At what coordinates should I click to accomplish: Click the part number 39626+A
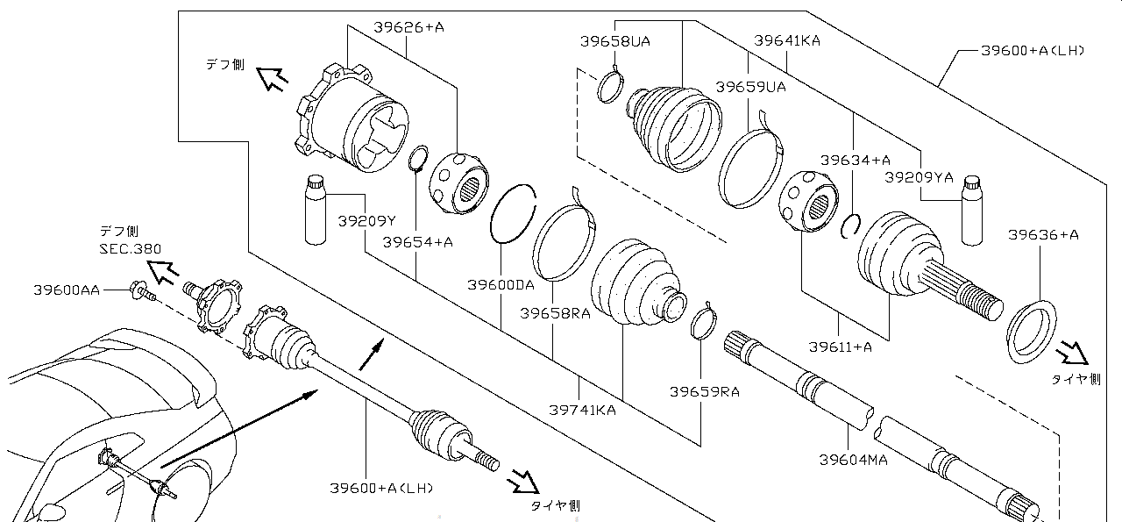[408, 27]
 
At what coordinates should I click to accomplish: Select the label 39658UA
[615, 41]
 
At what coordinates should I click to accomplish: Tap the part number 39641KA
[787, 40]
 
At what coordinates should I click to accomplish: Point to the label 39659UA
[751, 87]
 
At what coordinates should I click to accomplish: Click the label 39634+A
[855, 161]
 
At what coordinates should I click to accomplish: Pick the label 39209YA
[920, 177]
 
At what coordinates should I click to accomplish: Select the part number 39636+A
[1043, 234]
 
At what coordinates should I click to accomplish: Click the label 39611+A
[840, 347]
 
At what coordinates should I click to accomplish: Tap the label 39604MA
[853, 460]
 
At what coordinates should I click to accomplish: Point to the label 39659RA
[704, 391]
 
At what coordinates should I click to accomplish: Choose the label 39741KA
[583, 411]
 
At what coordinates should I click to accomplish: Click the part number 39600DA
[501, 285]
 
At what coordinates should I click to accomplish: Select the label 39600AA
[67, 290]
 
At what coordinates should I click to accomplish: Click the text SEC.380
[131, 249]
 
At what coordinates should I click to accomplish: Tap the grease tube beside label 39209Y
[316, 210]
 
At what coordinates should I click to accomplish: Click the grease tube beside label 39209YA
[972, 211]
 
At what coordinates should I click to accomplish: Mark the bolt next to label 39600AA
[142, 292]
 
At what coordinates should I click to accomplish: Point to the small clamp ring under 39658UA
[610, 87]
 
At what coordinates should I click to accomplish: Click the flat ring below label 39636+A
[1032, 332]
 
